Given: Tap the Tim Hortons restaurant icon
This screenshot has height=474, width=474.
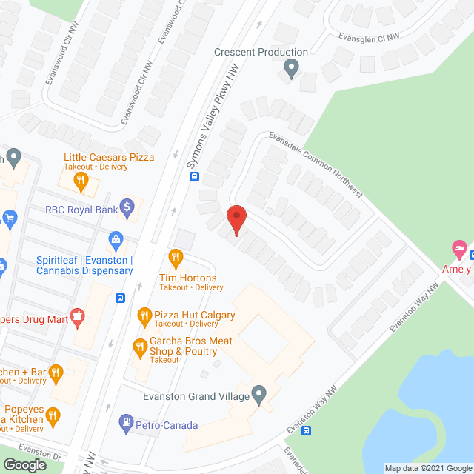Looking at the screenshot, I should [x=176, y=258].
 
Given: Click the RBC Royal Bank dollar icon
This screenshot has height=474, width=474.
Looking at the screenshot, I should [x=127, y=207].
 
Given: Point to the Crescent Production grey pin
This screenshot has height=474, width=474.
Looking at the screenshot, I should [x=291, y=69].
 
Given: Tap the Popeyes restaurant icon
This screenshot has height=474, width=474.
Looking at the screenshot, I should [x=53, y=416].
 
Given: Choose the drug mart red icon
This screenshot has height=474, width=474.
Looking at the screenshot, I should [x=76, y=317].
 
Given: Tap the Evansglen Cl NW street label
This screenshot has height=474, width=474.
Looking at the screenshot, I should [x=370, y=30].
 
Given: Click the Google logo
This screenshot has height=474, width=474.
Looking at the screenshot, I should [x=24, y=465].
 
